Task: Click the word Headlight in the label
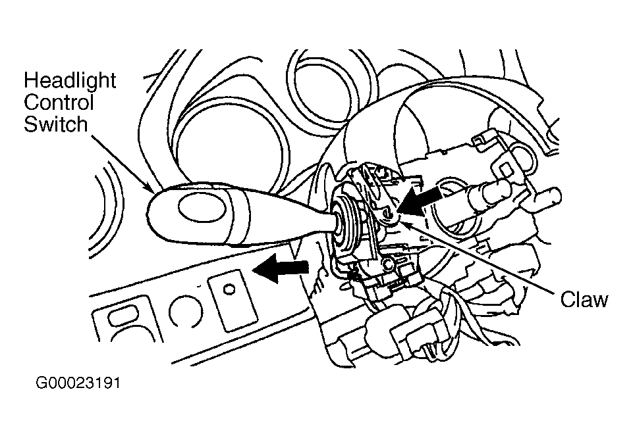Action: coord(70,81)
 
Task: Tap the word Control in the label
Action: coord(59,103)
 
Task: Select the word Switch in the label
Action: coord(56,124)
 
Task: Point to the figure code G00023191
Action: coord(78,382)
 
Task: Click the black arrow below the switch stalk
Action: coord(281,268)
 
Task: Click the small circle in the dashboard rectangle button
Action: coord(229,289)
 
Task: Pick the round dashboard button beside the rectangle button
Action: coord(186,312)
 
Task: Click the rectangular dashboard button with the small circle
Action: coord(233,301)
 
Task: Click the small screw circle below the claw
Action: coord(389,265)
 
